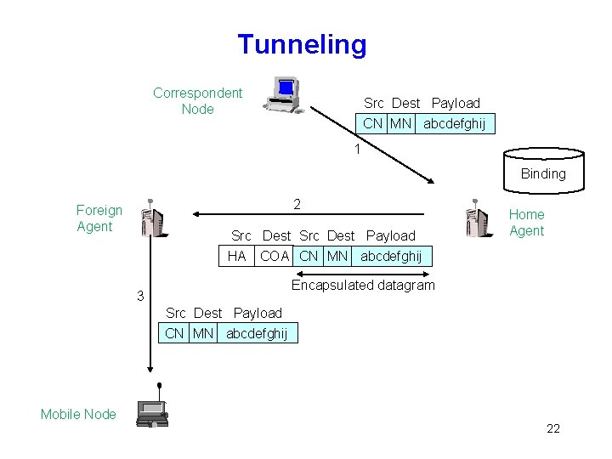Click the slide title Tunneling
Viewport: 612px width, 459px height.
[302, 44]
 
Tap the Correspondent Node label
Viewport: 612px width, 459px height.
[197, 101]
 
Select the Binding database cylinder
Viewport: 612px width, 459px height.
[543, 171]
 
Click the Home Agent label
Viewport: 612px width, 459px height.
[526, 223]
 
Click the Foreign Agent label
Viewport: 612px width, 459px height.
[99, 218]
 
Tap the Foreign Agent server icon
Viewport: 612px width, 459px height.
[153, 220]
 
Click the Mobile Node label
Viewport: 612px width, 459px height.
[78, 414]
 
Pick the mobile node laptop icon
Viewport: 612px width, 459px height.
[151, 414]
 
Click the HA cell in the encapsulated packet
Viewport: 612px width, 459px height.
[236, 255]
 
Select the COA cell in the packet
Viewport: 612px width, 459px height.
[275, 255]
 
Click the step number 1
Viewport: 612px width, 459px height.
[359, 150]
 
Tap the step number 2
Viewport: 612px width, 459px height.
[296, 204]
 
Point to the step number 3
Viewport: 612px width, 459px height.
[141, 296]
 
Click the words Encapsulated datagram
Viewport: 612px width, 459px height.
[363, 285]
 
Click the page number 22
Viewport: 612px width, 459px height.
[552, 428]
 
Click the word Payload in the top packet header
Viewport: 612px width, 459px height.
[456, 103]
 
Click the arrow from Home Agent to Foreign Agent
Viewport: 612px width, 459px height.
[306, 214]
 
